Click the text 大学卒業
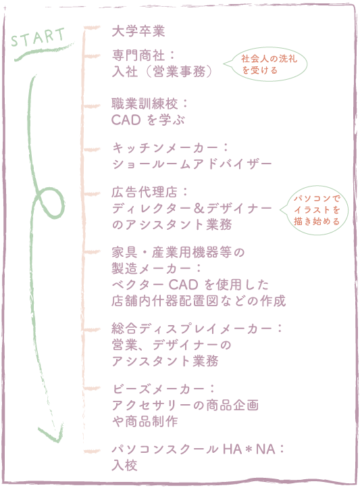pyautogui.click(x=138, y=31)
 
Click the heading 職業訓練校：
pyautogui.click(x=149, y=104)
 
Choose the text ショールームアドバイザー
pyautogui.click(x=192, y=164)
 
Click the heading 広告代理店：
pyautogui.click(x=149, y=193)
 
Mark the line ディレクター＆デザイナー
pyautogui.click(x=192, y=208)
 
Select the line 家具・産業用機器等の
pyautogui.click(x=178, y=253)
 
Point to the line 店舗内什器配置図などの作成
pyautogui.click(x=199, y=300)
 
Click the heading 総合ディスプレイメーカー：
pyautogui.click(x=197, y=328)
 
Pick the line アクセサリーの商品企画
pyautogui.click(x=185, y=406)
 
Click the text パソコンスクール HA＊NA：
pyautogui.click(x=197, y=449)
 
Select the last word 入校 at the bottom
pyautogui.click(x=125, y=466)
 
